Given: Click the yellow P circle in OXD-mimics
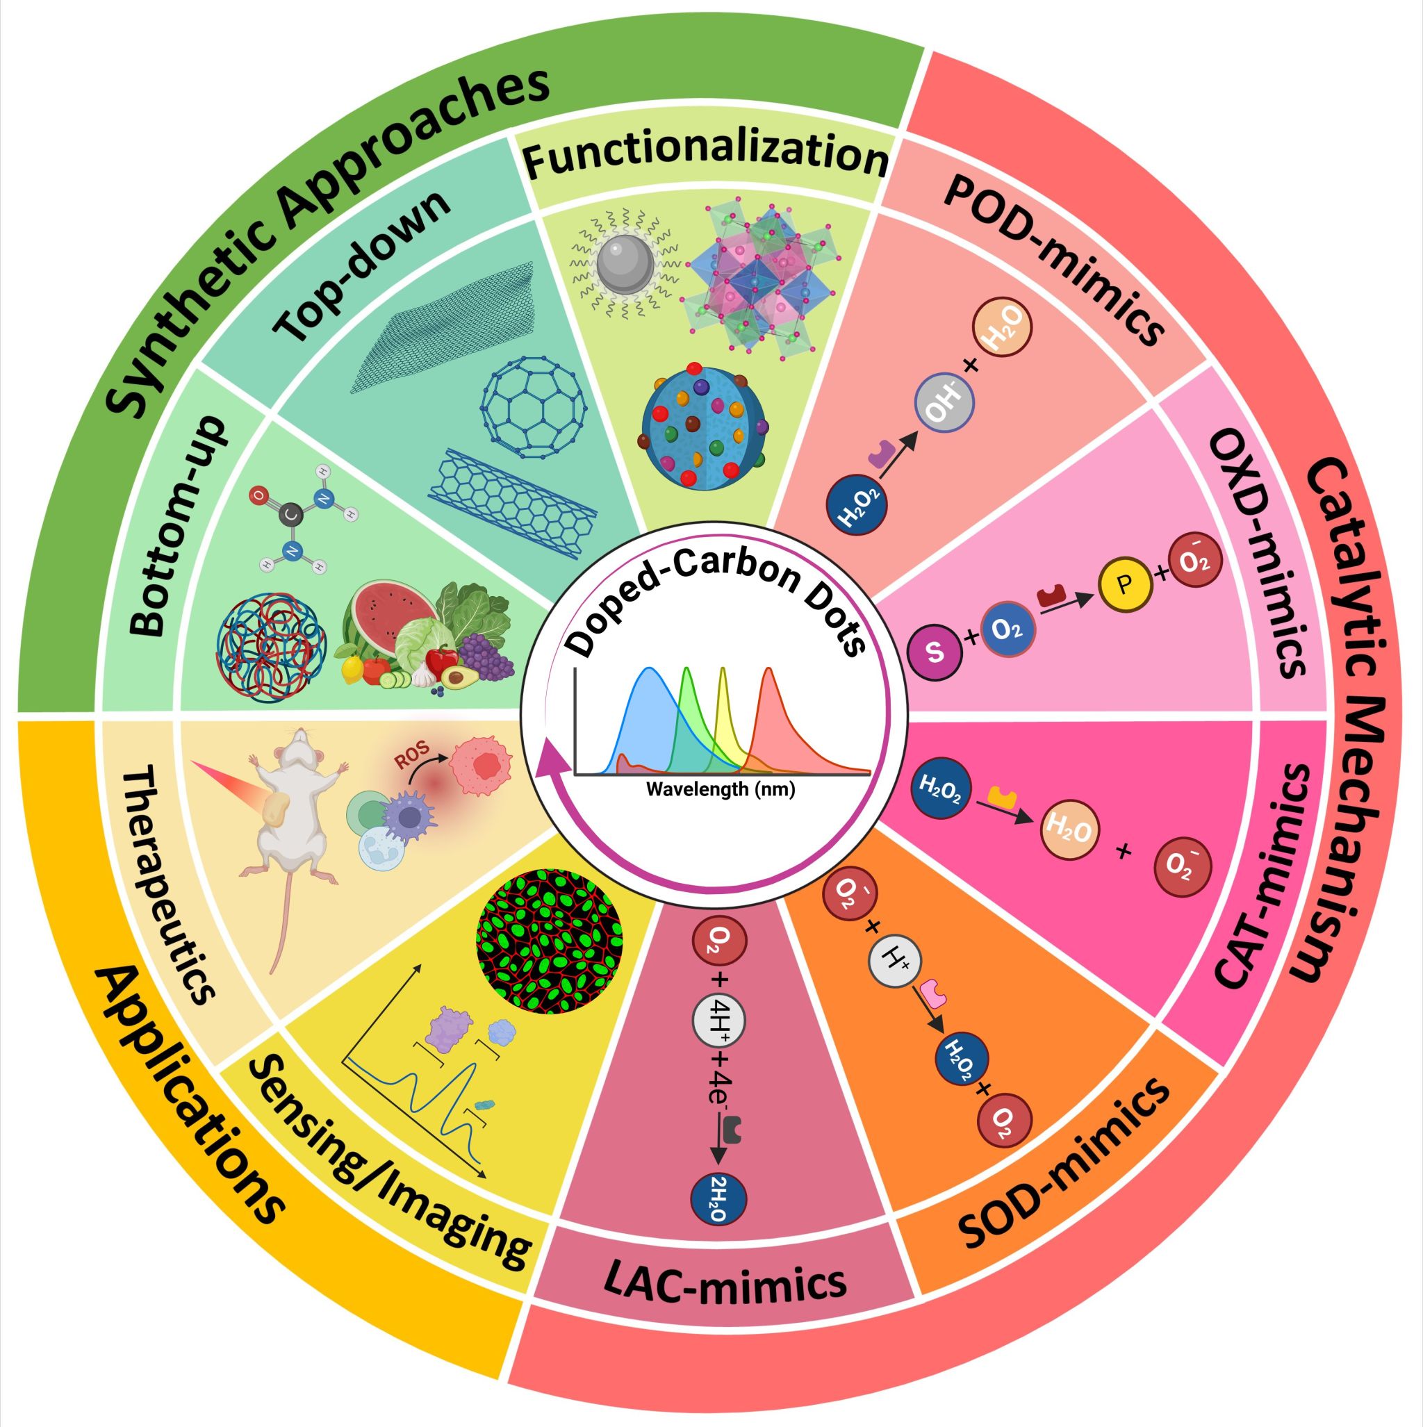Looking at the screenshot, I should click(1124, 585).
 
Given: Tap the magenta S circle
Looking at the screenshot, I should click(935, 653).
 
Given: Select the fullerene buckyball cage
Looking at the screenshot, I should click(534, 406).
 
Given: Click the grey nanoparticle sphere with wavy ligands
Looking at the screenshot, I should click(625, 265).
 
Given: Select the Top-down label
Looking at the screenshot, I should click(362, 266).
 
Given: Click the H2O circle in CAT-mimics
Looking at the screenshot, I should click(1069, 832).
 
